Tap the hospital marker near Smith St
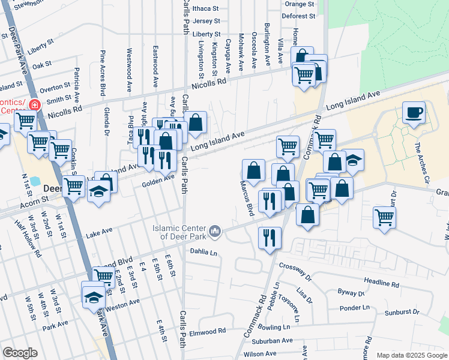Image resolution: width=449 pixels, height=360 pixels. (34, 104)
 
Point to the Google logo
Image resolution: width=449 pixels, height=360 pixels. (20, 353)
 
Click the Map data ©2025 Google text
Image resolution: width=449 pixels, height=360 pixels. (411, 355)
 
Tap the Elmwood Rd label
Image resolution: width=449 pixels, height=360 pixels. (208, 331)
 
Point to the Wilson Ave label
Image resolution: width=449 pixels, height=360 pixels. (260, 354)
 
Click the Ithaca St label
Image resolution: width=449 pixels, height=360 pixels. (206, 9)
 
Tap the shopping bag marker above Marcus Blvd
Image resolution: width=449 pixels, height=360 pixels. (254, 170)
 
